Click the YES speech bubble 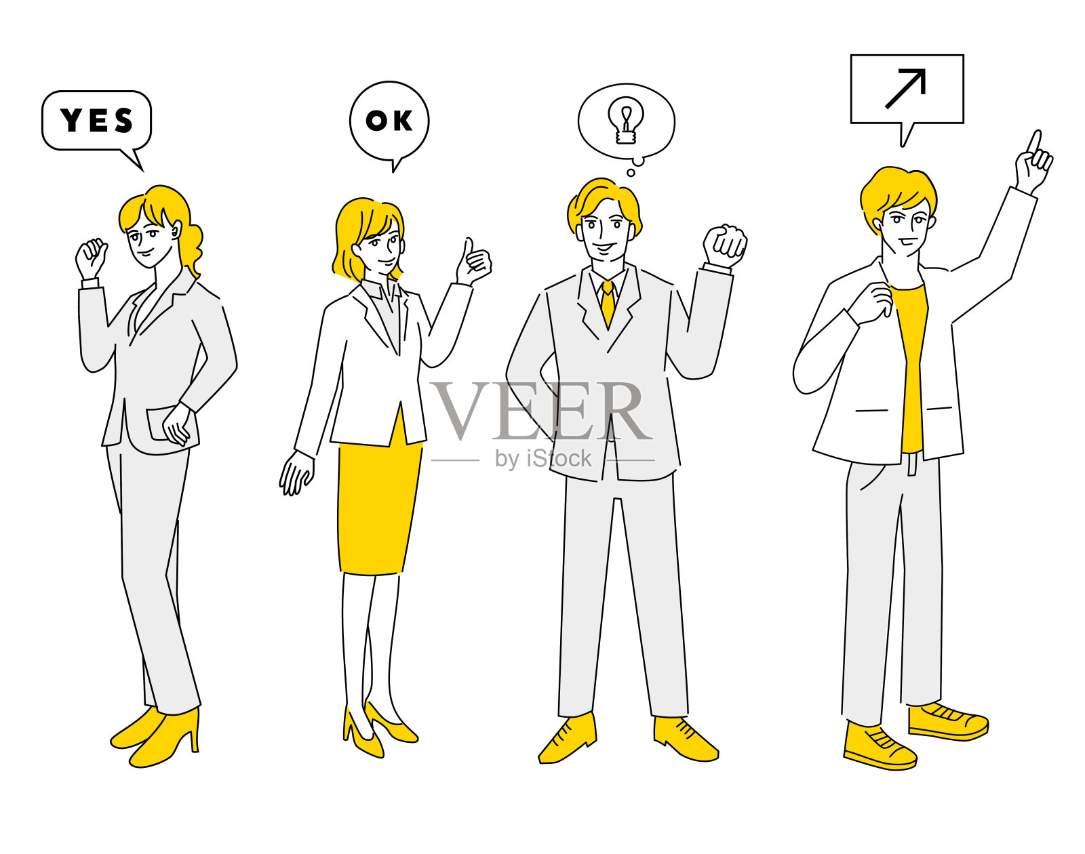96,121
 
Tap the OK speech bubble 389,121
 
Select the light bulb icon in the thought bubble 625,121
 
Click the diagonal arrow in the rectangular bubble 906,88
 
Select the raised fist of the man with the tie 724,245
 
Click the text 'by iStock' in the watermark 542,459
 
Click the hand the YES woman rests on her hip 177,424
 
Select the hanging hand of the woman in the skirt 296,472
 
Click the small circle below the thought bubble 631,173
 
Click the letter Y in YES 71,121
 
